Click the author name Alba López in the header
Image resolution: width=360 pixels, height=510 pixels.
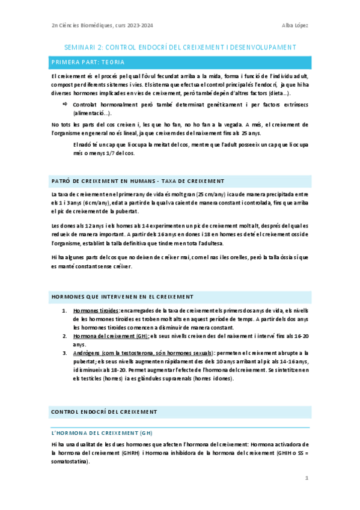[294, 25]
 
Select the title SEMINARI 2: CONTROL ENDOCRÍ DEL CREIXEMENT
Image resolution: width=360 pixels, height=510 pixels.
[180, 47]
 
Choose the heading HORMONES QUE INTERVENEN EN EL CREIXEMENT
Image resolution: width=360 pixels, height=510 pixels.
[122, 296]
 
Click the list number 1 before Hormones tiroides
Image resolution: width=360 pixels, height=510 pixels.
[64, 311]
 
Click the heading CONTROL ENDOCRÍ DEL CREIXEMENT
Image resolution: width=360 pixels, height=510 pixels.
[104, 412]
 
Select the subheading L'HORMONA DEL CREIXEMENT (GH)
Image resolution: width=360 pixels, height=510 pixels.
[102, 432]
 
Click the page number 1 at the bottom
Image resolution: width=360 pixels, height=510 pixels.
[307, 479]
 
